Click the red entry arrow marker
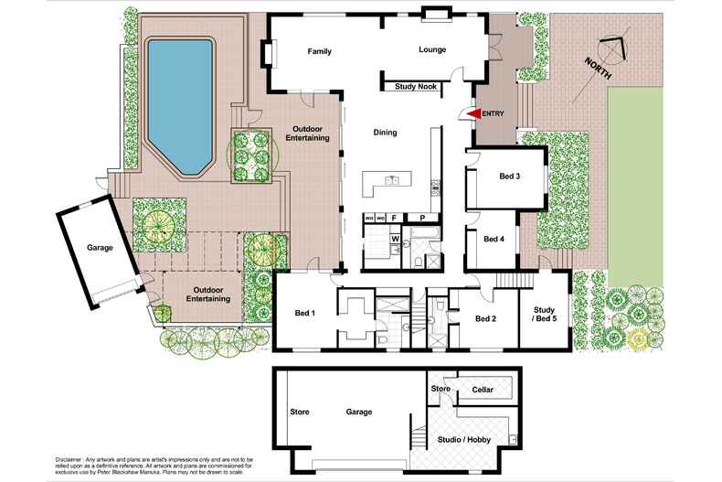pyautogui.click(x=472, y=113)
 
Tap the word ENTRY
pyautogui.click(x=493, y=113)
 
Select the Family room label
pyautogui.click(x=319, y=50)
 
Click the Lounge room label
pyautogui.click(x=432, y=49)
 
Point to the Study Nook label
pyautogui.click(x=416, y=88)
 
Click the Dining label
pyautogui.click(x=385, y=133)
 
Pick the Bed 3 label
pyautogui.click(x=510, y=176)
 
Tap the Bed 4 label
pyautogui.click(x=494, y=239)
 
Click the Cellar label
pyautogui.click(x=483, y=390)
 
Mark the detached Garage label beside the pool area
pyautogui.click(x=101, y=247)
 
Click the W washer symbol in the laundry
pyautogui.click(x=396, y=240)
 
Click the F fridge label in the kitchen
pyautogui.click(x=394, y=219)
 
